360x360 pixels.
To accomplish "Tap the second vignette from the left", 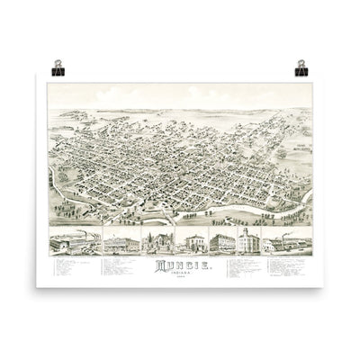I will click(120, 244).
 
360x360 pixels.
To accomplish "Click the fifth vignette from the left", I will click(220, 244).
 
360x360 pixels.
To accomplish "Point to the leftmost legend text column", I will click(68, 269).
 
